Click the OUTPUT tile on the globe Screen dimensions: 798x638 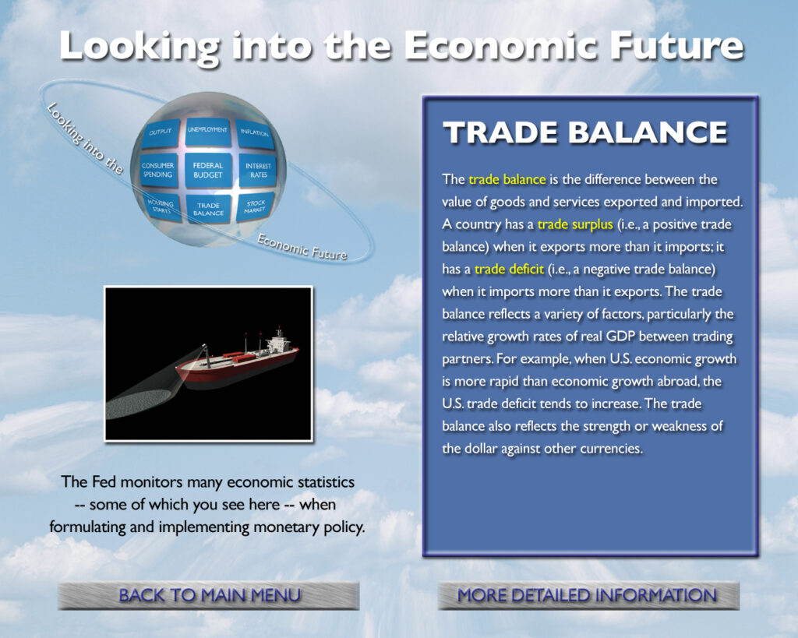click(x=161, y=133)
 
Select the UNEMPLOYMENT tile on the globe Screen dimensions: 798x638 click(x=207, y=132)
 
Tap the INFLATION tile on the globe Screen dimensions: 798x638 click(x=255, y=134)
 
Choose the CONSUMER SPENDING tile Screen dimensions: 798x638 click(x=158, y=171)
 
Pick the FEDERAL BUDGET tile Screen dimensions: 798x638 click(x=207, y=171)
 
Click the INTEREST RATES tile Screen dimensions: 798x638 click(x=257, y=171)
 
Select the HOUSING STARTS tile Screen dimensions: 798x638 click(x=162, y=206)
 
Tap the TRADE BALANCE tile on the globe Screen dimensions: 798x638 click(x=208, y=209)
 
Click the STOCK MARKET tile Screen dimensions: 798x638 click(x=255, y=206)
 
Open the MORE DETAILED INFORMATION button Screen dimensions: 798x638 click(x=588, y=595)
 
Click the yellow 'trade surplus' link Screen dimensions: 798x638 click(x=575, y=224)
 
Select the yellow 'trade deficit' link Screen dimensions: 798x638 click(x=510, y=269)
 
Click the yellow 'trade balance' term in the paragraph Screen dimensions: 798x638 click(x=507, y=180)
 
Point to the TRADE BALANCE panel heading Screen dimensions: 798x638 click(x=585, y=132)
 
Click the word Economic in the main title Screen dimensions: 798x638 click(x=501, y=46)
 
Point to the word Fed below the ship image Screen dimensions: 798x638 click(x=104, y=481)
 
